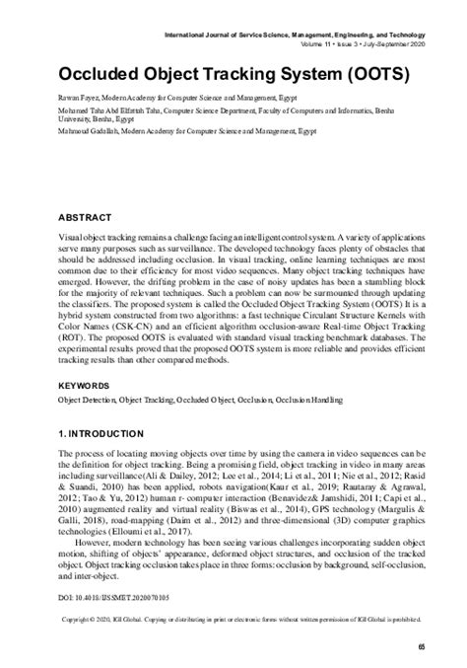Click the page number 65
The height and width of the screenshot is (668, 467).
(421, 645)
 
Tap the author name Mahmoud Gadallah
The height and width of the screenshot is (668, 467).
(89, 129)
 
